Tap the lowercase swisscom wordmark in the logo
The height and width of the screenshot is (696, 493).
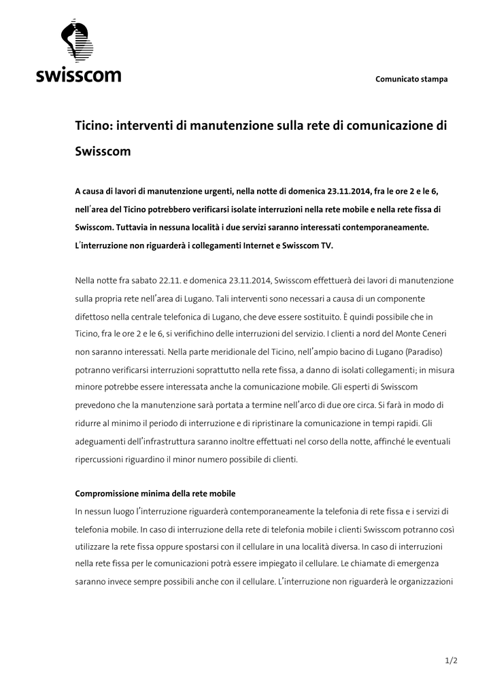[79, 74]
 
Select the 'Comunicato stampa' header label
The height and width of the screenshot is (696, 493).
[411, 80]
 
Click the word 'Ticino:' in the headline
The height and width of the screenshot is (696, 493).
[94, 126]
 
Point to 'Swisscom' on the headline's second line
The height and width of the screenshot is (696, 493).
[102, 152]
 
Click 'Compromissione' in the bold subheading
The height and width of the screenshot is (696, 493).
[108, 493]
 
